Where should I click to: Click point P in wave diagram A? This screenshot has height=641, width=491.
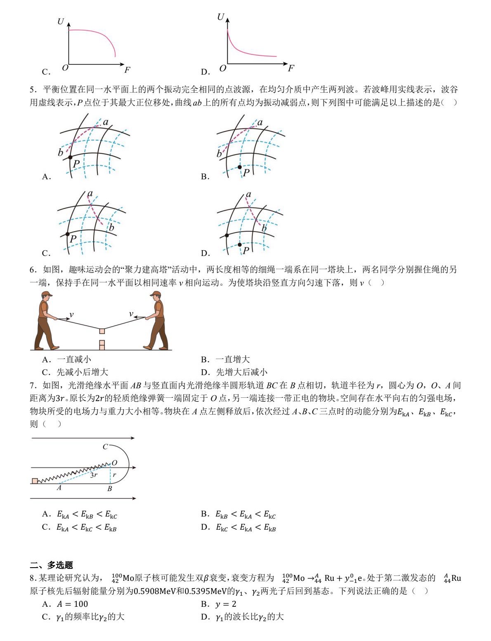click(x=70, y=157)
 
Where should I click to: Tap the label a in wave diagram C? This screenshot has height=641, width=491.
click(x=90, y=194)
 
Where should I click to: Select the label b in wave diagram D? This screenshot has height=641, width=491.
click(x=264, y=228)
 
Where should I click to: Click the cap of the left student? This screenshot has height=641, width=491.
click(x=47, y=294)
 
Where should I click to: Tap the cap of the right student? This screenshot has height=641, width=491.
click(x=156, y=294)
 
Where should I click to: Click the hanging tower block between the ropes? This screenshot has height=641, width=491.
click(x=102, y=331)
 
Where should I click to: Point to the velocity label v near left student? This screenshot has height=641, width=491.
click(x=71, y=315)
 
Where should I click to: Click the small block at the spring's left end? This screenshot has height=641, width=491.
click(x=35, y=481)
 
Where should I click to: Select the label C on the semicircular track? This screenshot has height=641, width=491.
click(x=105, y=446)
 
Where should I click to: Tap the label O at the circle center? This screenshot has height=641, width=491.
click(x=115, y=463)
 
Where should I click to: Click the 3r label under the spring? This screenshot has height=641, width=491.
click(x=94, y=475)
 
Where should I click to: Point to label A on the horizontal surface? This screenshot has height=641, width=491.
click(x=59, y=488)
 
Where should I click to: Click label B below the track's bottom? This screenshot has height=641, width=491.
click(x=110, y=489)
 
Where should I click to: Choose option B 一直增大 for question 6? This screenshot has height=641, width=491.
click(x=233, y=359)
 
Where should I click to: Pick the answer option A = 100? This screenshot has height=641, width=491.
click(x=72, y=604)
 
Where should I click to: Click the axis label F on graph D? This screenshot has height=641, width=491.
click(x=291, y=68)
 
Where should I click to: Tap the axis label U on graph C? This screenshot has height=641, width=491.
click(x=61, y=21)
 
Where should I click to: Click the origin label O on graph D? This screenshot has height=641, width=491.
click(x=223, y=68)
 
